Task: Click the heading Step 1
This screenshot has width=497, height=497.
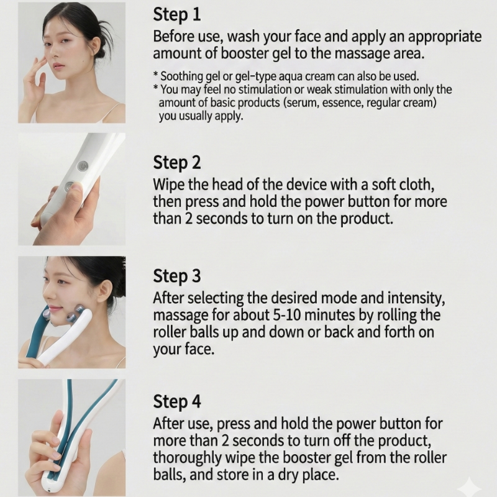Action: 177,14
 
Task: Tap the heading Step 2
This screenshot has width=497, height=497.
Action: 177,162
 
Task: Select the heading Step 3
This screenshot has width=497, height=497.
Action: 177,276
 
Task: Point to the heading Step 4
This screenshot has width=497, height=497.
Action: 177,401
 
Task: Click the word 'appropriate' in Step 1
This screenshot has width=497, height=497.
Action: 445,37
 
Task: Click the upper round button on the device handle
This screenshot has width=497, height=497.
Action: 83,166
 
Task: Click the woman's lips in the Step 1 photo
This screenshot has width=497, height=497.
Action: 58,66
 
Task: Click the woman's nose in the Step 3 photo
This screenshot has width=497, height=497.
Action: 48,294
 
